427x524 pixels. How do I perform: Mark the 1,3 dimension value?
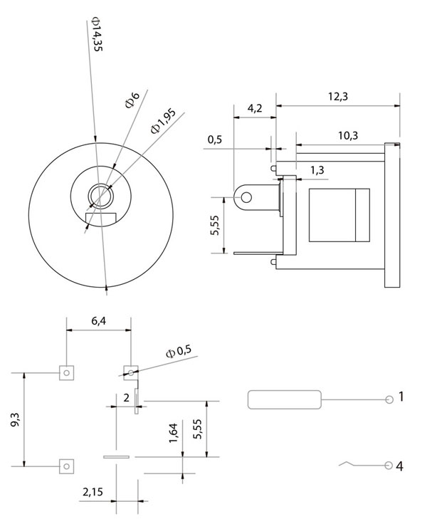click(317, 169)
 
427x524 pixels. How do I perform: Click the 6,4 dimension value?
click(100, 322)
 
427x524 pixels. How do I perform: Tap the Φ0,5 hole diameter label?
click(179, 352)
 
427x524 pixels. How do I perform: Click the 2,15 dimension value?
click(94, 492)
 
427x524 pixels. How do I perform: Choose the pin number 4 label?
click(401, 466)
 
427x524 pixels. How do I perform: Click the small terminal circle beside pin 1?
click(389, 399)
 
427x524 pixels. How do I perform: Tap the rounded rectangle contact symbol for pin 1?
click(285, 399)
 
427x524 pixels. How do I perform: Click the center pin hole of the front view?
click(99, 195)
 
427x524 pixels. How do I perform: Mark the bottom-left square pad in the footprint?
click(65, 466)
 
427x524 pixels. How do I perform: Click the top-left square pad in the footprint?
click(65, 372)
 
